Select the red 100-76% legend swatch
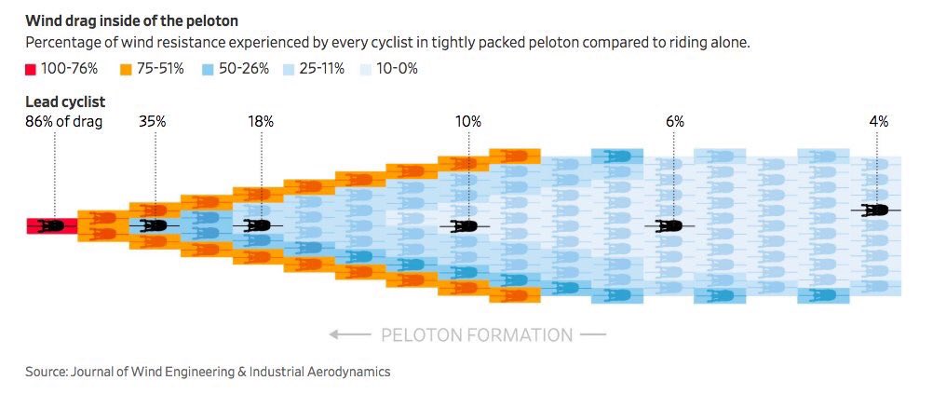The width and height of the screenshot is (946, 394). coord(31,69)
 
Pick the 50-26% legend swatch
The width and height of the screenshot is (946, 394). coord(209,69)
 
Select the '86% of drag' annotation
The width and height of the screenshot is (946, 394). coord(63,121)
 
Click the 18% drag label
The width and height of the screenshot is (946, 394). coord(261,121)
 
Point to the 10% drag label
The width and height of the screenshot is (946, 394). coord(468,121)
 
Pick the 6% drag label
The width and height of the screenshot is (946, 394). coord(675,121)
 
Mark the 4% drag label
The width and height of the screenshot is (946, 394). coord(878,121)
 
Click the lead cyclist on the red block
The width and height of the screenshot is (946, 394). coord(51,225)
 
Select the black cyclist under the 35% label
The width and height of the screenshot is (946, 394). coord(155,225)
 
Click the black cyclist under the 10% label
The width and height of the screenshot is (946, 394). coord(465,225)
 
